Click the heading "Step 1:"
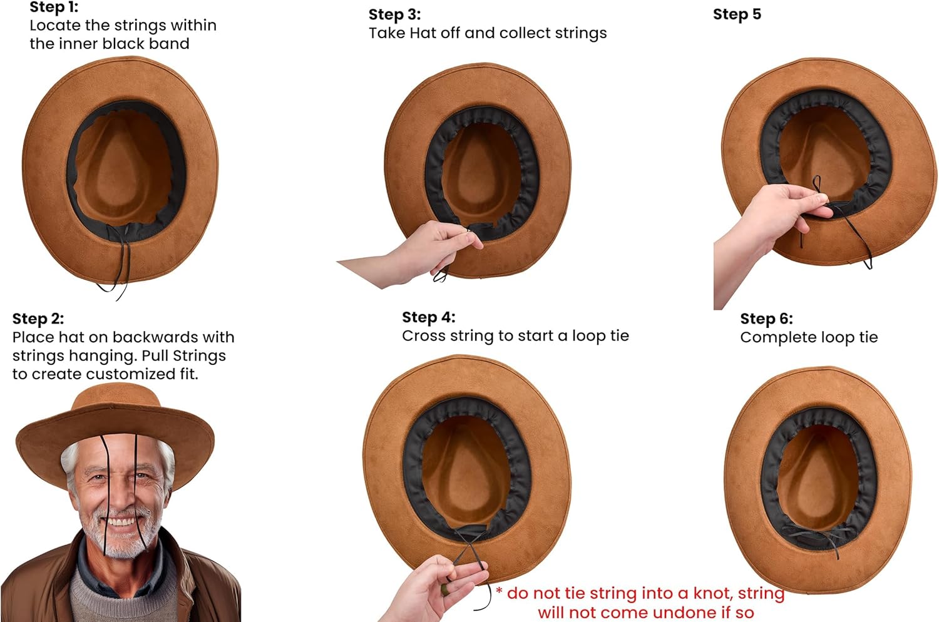pos(54,8)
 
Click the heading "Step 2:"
pos(38,319)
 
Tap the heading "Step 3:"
pos(394,14)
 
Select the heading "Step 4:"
pos(428,317)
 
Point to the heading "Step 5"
pos(737,14)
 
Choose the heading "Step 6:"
pos(766,319)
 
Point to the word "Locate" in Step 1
pos(54,26)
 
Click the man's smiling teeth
pos(122,522)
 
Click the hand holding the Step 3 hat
pos(432,247)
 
